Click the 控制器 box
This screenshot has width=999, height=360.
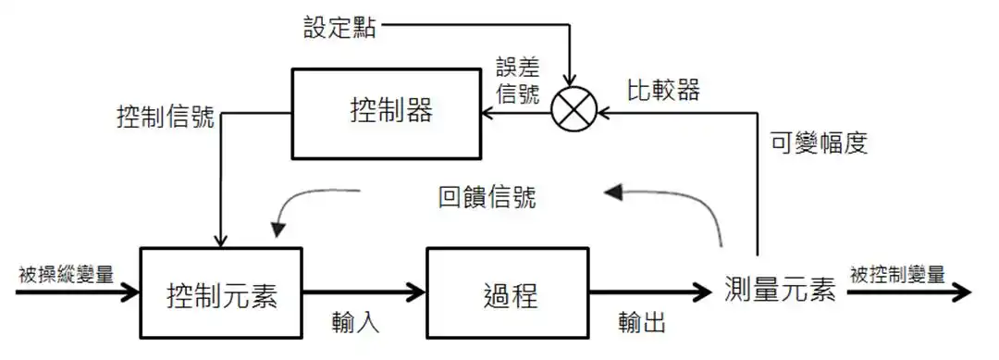pos(387,113)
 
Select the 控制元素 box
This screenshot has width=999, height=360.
pos(221,294)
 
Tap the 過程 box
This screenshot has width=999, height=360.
pos(510,294)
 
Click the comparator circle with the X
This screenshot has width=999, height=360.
pos(573,113)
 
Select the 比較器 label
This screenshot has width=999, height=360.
pos(662,91)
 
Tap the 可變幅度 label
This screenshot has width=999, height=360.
pos(820,143)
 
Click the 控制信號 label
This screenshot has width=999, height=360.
pos(166,118)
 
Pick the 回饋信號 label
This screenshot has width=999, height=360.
pos(487,197)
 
